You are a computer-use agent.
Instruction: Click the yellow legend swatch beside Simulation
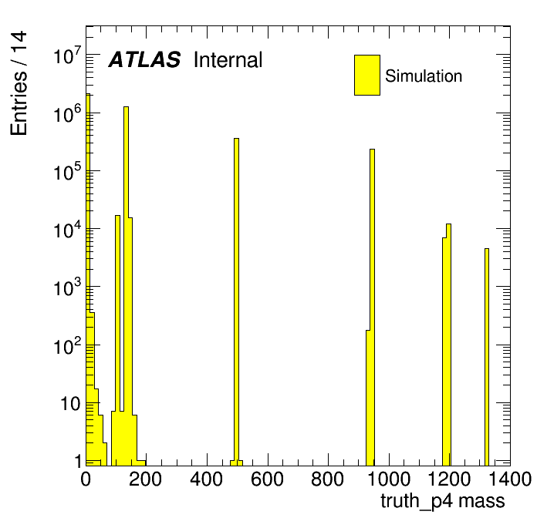click(x=367, y=75)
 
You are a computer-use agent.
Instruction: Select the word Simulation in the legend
click(x=424, y=76)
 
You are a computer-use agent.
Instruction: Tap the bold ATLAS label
click(x=144, y=59)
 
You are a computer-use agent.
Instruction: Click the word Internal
click(x=228, y=59)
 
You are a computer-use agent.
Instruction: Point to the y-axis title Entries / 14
click(x=19, y=83)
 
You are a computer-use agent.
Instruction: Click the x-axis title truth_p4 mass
click(x=442, y=502)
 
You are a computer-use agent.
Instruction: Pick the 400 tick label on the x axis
click(x=207, y=479)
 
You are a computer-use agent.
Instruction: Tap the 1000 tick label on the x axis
click(x=389, y=479)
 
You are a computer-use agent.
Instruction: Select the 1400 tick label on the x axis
click(x=510, y=479)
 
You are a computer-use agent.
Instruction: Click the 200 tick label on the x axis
click(x=146, y=479)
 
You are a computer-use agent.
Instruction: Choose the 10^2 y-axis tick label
click(x=67, y=345)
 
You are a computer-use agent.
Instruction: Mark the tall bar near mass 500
click(x=236, y=301)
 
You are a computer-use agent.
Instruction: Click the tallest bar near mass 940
click(x=372, y=308)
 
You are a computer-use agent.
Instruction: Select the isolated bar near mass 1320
click(x=487, y=357)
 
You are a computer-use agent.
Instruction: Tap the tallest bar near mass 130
click(x=126, y=286)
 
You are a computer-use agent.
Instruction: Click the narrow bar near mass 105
click(x=117, y=341)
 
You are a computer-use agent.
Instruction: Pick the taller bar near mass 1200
click(x=448, y=345)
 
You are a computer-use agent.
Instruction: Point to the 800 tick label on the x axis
click(x=328, y=479)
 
